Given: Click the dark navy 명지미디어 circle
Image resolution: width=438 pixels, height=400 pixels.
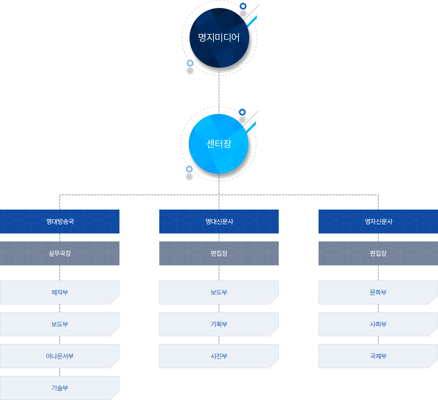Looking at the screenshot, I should point(219,38).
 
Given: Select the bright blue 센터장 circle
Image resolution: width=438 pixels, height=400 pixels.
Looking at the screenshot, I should point(219,144).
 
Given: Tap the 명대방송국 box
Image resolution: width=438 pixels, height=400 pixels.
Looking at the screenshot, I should point(60,222).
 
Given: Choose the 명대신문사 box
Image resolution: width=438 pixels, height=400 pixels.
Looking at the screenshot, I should point(219,222).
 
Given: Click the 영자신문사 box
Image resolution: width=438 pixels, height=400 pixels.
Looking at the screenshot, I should point(378,222).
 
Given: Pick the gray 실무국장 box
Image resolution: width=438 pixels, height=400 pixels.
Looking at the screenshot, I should point(60,253).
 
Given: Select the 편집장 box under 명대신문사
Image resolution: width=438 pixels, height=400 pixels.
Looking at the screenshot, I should point(219,253).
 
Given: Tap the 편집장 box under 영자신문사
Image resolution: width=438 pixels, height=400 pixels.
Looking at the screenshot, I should point(378,253).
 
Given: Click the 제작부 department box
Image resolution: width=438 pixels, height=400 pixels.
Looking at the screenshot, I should point(60,292).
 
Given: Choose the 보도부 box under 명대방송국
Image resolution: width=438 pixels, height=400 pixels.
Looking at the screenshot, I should point(60,324).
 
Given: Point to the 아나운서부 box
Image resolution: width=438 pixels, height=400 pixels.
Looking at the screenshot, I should point(60,356).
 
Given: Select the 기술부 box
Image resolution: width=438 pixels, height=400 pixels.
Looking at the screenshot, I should point(60,388).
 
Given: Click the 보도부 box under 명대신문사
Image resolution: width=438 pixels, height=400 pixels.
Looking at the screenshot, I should point(219,292).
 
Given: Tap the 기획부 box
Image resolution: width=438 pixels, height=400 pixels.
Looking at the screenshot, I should point(219,324).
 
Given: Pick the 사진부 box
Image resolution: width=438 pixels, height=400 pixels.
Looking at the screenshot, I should point(219,356).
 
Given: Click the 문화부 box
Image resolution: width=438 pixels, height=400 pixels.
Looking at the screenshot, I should point(378,292).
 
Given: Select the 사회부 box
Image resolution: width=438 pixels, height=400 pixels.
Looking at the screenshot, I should point(378,324).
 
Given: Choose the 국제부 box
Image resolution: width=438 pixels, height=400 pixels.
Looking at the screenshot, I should point(378,356).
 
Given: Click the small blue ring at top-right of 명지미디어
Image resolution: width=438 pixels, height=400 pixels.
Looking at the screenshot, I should point(243,6).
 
